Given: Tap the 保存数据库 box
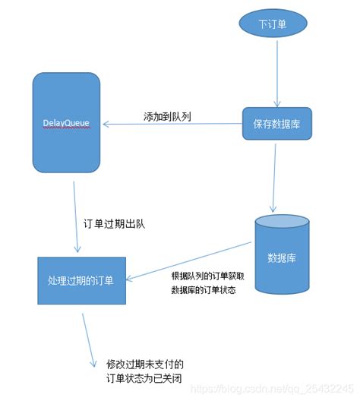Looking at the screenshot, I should (277, 123).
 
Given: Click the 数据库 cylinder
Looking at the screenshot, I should (282, 254).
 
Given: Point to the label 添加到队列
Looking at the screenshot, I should (167, 117).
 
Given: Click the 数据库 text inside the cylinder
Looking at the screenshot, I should (282, 257).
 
